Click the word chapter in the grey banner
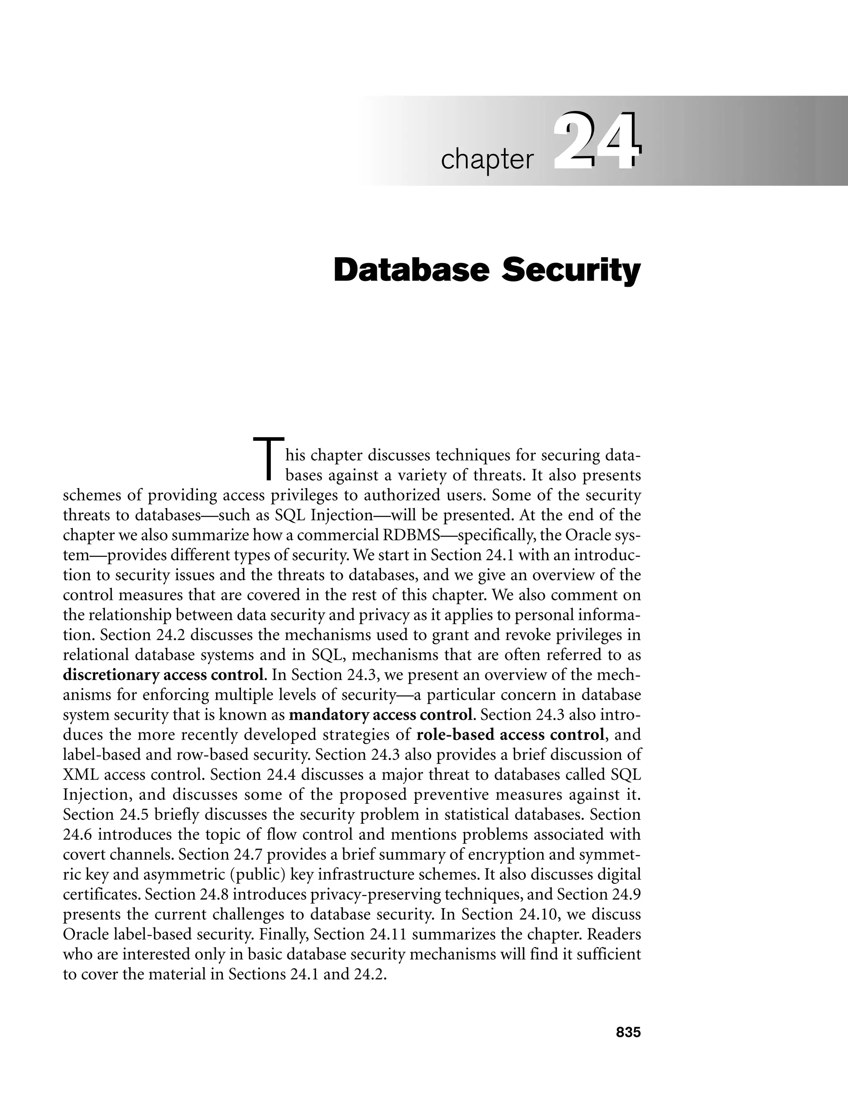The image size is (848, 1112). point(487,160)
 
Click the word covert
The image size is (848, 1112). point(83,854)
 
